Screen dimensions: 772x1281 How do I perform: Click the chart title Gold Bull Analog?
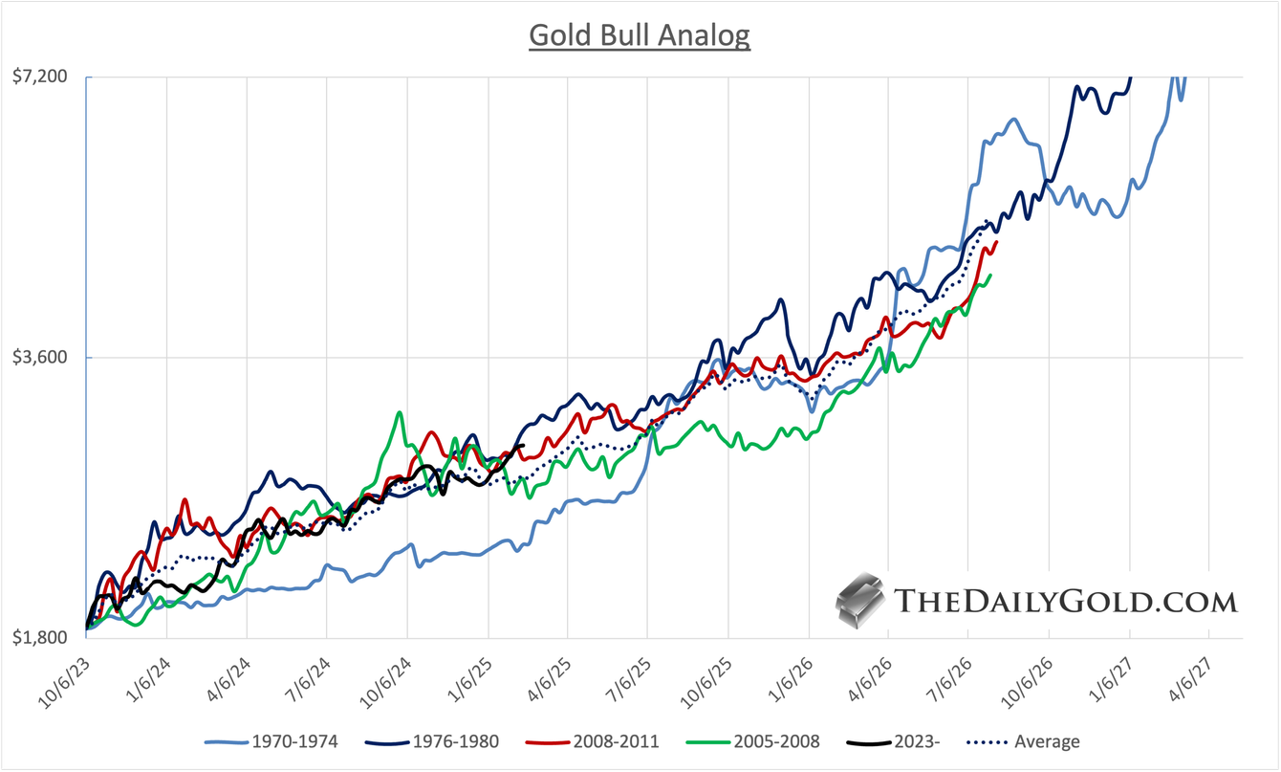pos(640,35)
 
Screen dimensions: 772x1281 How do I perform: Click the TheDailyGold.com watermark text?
pos(1065,601)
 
